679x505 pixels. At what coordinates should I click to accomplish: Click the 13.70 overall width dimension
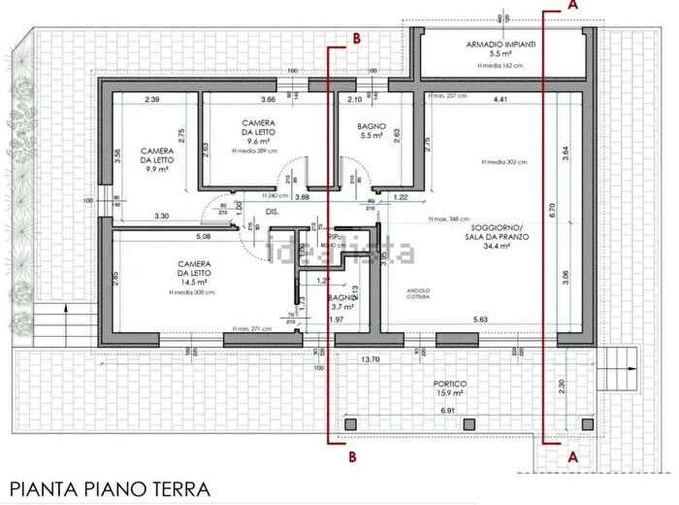coord(371,359)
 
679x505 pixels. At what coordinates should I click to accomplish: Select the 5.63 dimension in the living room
coord(479,320)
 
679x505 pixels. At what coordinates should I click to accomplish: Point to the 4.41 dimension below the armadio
coord(501,100)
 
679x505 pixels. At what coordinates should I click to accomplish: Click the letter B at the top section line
coord(356,38)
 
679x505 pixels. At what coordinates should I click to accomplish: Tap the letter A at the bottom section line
coord(572,454)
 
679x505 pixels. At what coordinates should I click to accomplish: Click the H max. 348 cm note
coord(452,219)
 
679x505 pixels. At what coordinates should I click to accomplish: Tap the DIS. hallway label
coord(273,211)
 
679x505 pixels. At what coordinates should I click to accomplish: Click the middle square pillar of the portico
coord(469,423)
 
